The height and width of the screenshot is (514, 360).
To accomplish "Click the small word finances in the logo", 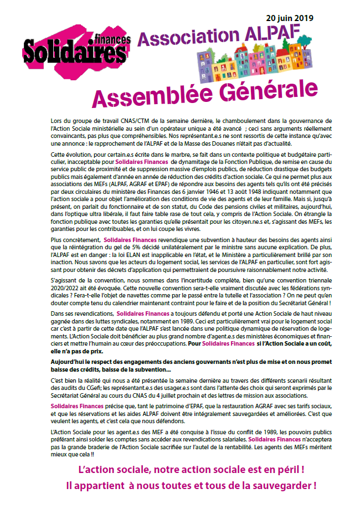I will pyautogui.click(x=112, y=39).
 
